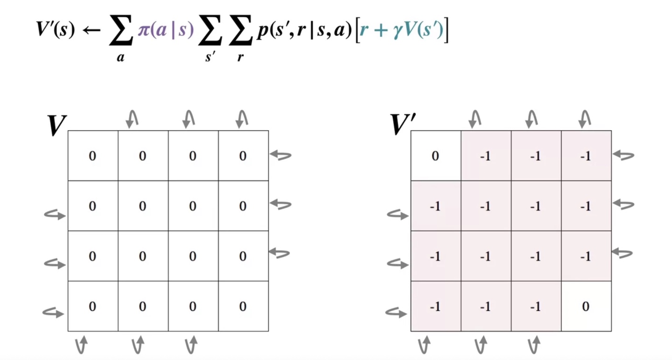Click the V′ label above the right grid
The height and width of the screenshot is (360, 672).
click(x=402, y=125)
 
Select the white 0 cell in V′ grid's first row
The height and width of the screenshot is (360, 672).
click(x=435, y=156)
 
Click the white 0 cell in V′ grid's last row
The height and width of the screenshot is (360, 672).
click(x=586, y=306)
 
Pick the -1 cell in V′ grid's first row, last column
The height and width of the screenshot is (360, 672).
click(x=586, y=156)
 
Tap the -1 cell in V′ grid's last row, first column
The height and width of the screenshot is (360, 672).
click(x=435, y=306)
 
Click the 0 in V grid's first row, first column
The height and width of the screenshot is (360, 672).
click(x=92, y=156)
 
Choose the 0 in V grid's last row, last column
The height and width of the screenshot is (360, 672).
click(x=243, y=306)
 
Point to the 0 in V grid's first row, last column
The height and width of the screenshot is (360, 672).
click(x=243, y=156)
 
